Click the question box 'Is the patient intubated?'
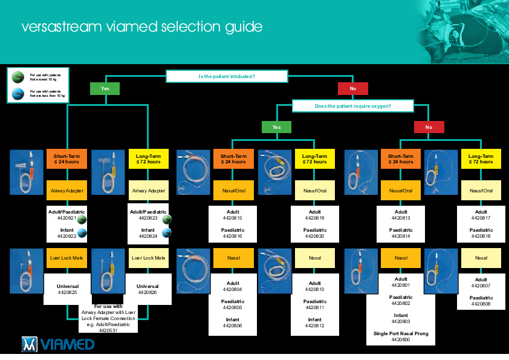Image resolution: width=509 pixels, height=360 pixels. click(x=227, y=77)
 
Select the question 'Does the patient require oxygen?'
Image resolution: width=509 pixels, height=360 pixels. click(x=353, y=106)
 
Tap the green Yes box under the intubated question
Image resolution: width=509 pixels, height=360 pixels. click(x=105, y=88)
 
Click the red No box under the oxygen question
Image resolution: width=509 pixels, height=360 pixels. click(x=429, y=127)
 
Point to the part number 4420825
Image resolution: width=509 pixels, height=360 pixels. click(x=67, y=293)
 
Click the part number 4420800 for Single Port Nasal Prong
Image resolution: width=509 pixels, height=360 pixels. click(x=401, y=340)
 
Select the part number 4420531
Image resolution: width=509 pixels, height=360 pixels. click(x=108, y=330)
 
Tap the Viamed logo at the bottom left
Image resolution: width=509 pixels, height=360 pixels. click(x=58, y=344)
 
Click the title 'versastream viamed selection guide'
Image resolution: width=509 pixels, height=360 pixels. click(x=141, y=27)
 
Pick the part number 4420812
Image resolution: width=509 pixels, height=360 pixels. click(x=314, y=326)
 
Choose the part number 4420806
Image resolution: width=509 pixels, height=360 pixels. click(x=233, y=326)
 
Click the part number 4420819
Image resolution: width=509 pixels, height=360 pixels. click(x=314, y=218)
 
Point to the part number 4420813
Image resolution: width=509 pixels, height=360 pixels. click(x=401, y=218)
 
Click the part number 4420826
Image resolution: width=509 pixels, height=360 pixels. click(x=148, y=293)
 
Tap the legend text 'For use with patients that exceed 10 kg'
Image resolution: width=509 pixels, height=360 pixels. click(x=47, y=77)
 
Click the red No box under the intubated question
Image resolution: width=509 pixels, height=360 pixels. click(x=353, y=88)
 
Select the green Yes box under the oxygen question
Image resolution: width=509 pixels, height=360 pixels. click(x=276, y=127)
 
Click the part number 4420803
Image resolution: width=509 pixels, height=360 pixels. click(x=401, y=321)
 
